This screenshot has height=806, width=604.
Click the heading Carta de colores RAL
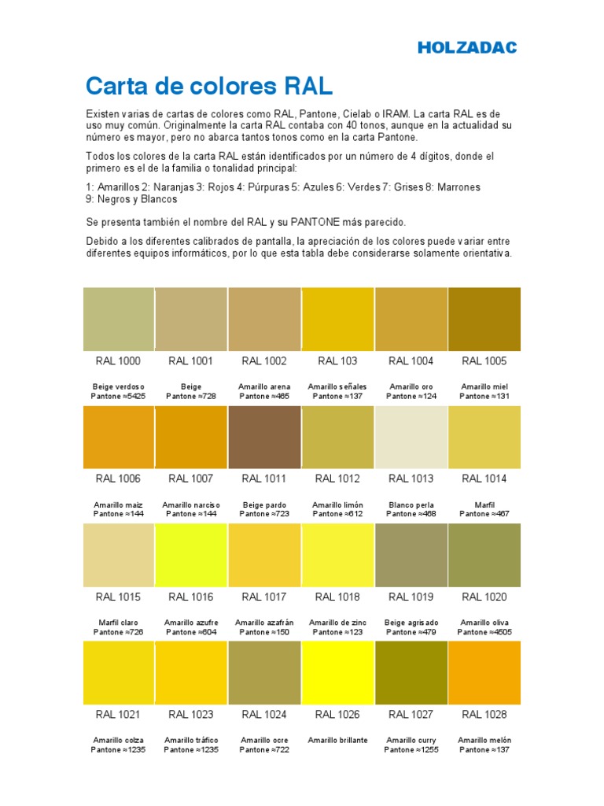point(209,84)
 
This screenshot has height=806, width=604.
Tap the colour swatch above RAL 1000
point(119,319)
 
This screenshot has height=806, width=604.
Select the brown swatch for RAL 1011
point(264,437)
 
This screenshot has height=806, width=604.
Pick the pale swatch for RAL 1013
point(411,437)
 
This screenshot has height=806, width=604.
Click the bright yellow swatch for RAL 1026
point(337,672)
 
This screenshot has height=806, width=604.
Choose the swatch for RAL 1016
point(191,555)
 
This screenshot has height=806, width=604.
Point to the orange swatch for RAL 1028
point(484,672)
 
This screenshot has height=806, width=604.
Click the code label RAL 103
point(337,361)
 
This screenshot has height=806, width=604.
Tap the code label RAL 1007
point(191,479)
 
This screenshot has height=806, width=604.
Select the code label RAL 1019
point(411,597)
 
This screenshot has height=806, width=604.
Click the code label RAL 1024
point(264,715)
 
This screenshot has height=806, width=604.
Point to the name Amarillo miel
point(484,387)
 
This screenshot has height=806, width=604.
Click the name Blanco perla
point(411,505)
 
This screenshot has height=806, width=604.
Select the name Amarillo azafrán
point(264,623)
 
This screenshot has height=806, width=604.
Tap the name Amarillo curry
point(411,741)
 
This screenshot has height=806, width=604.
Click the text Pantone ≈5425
point(119,397)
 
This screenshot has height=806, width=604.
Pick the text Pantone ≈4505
point(484,632)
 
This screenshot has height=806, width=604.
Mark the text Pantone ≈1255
point(411,750)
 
